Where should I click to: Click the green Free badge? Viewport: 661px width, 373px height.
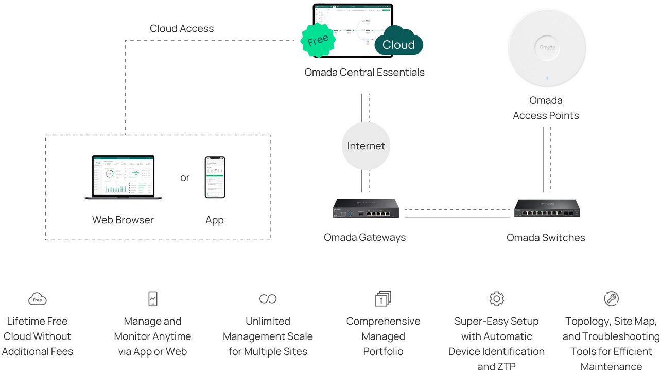[x=318, y=40]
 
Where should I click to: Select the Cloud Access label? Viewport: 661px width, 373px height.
[x=182, y=28]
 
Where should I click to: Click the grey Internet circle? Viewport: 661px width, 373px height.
[x=366, y=146]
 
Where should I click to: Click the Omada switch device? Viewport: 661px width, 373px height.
[x=547, y=208]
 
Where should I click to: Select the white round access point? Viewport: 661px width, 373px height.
[x=547, y=48]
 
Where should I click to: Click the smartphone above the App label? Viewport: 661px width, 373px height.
[x=215, y=177]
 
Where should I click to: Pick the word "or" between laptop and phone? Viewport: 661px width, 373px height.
[x=185, y=177]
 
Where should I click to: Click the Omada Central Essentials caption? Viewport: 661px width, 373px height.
[x=364, y=72]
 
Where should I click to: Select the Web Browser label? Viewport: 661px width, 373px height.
[x=123, y=220]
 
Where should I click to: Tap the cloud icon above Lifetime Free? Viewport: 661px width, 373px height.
[x=38, y=299]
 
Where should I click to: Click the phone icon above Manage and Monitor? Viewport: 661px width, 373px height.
[x=152, y=298]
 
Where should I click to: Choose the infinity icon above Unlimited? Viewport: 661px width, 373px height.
[x=268, y=298]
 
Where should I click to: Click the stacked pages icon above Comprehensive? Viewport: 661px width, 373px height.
[x=383, y=298]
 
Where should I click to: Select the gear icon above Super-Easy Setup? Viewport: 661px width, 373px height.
[x=496, y=298]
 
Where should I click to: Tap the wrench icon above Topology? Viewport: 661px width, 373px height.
[x=611, y=298]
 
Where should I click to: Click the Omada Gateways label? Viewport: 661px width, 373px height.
[x=364, y=237]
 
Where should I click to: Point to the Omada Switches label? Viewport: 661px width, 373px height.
[x=546, y=237]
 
